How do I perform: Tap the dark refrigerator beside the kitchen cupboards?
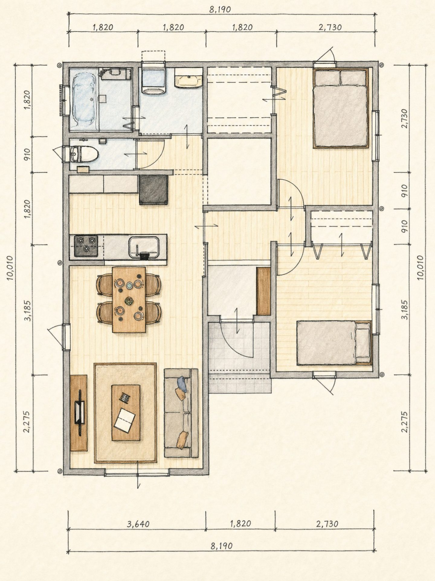(x=154, y=189)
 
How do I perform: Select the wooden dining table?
(x=129, y=300)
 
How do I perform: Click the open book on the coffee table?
(x=124, y=419)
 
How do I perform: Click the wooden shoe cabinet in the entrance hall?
(x=263, y=291)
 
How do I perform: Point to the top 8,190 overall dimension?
(x=220, y=9)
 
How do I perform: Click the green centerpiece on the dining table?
(x=129, y=301)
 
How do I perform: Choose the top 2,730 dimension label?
(x=330, y=27)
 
